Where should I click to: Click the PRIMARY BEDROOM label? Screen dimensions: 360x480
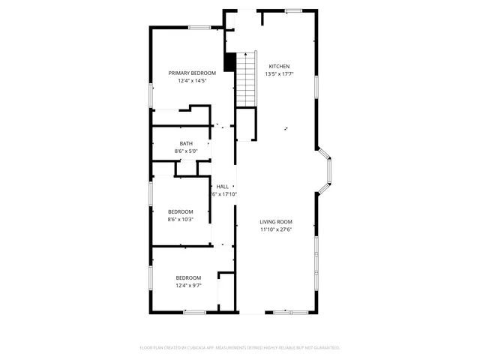(x=192, y=73)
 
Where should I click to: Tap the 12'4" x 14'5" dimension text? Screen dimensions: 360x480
(x=192, y=81)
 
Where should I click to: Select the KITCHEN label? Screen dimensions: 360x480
(x=279, y=66)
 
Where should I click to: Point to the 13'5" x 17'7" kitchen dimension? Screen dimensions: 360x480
(x=279, y=74)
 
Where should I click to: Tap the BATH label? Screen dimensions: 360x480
(x=186, y=143)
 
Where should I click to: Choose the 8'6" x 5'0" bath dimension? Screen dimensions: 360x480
(x=186, y=151)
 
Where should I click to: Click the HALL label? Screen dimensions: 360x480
(x=223, y=186)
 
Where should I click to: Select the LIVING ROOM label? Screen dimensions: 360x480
(x=276, y=221)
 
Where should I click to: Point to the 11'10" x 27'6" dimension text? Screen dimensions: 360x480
(x=276, y=229)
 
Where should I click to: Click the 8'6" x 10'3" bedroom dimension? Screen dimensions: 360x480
(x=180, y=220)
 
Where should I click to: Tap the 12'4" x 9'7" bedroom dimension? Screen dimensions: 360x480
(x=188, y=286)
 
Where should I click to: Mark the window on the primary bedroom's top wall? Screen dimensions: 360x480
(x=199, y=28)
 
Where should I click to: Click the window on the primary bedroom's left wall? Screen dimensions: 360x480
(x=151, y=93)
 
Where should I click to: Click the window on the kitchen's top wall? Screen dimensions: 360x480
(x=293, y=10)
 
